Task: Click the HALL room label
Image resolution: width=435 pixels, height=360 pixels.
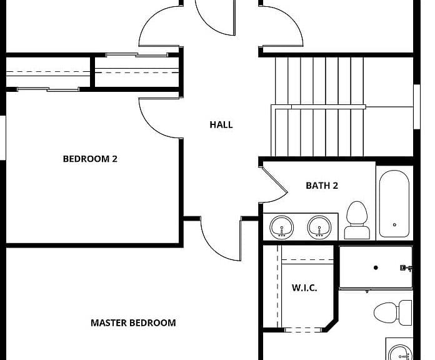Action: (x=221, y=124)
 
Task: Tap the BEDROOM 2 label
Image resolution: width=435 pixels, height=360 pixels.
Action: (x=90, y=159)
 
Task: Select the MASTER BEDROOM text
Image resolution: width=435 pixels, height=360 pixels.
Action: (x=133, y=323)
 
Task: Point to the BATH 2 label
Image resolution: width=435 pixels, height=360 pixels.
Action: (x=322, y=186)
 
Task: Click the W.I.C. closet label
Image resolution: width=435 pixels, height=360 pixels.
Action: (x=304, y=288)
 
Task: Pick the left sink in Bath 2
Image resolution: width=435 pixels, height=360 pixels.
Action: (x=282, y=227)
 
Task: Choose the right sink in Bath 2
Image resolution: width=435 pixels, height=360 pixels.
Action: (x=319, y=227)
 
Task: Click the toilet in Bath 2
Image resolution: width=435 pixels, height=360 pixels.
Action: (x=357, y=220)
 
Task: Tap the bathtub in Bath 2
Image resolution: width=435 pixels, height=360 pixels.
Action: (x=394, y=204)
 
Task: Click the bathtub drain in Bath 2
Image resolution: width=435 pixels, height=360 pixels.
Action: (x=394, y=224)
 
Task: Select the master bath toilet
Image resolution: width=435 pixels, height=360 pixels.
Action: (x=393, y=312)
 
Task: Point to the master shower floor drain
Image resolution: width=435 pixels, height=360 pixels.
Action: (x=376, y=267)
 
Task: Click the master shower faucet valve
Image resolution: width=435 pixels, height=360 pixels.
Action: (x=406, y=268)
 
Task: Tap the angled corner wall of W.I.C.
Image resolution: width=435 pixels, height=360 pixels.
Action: (x=332, y=325)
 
